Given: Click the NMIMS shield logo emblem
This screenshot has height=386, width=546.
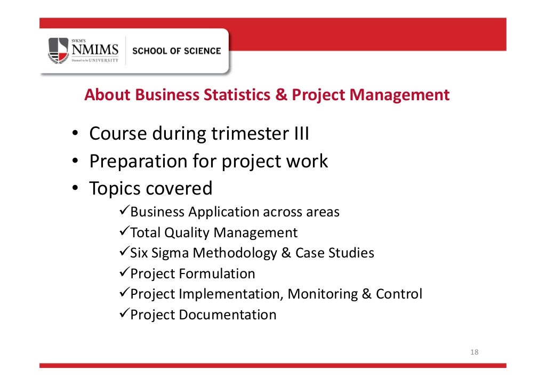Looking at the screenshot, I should pyautogui.click(x=59, y=51).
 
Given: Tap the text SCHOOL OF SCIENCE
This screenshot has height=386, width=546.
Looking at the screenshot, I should pyautogui.click(x=176, y=51).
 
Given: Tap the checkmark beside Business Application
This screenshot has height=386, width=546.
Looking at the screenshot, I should pyautogui.click(x=123, y=212).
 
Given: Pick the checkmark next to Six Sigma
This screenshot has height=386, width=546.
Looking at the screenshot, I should pyautogui.click(x=123, y=252).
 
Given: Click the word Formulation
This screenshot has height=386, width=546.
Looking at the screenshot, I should pyautogui.click(x=217, y=274).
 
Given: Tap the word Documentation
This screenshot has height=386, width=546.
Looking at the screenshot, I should pyautogui.click(x=228, y=315).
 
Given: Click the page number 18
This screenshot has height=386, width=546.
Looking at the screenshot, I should pyautogui.click(x=474, y=352).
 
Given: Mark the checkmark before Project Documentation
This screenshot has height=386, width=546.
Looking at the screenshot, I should pyautogui.click(x=123, y=314).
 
